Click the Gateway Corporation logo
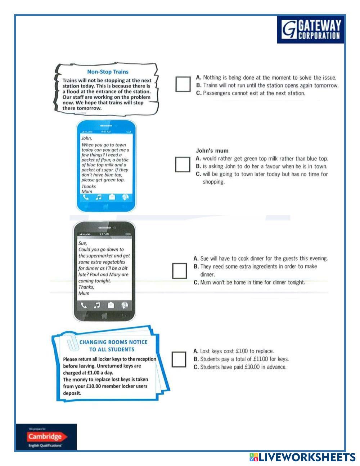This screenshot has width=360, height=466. coord(311,30)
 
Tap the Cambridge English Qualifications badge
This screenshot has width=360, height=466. coord(46,437)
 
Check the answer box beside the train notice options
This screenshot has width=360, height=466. coord(183,84)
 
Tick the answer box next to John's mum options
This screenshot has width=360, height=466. coord(183,164)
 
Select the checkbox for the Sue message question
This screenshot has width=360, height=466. coord(179,271)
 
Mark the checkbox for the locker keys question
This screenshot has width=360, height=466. coord(179,359)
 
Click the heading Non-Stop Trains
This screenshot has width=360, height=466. coord(108,72)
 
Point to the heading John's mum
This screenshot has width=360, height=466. coord(212,151)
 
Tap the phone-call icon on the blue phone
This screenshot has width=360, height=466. coord(86,197)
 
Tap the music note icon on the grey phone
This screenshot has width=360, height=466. coord(97,305)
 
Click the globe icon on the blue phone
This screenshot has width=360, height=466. coord(125,197)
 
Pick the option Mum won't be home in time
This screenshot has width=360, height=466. coord(249,282)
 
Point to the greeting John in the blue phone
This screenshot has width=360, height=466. coord(86,138)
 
